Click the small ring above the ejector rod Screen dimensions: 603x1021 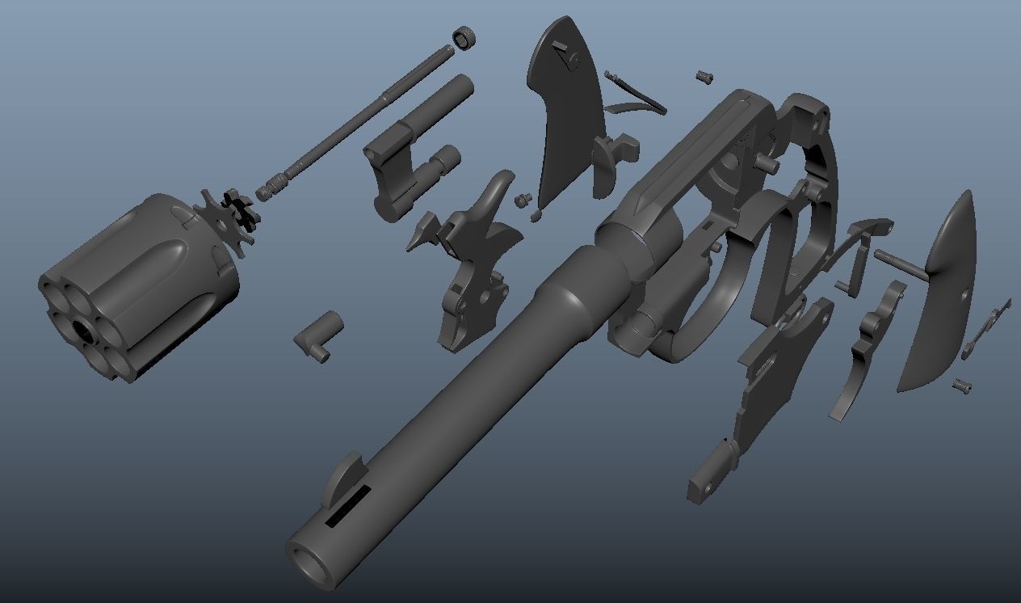tap(464, 38)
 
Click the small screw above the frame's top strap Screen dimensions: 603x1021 tap(704, 77)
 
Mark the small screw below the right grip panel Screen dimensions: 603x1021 tap(961, 386)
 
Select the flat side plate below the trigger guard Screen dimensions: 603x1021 tap(771, 380)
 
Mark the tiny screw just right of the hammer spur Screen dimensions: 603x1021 tap(523, 198)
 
